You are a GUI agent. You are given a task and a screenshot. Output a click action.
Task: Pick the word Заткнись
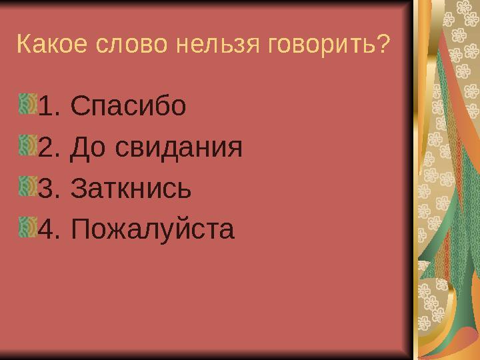point(131,189)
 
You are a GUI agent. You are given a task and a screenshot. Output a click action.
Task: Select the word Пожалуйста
point(152,231)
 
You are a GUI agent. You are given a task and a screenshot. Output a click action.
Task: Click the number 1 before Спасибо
point(47,105)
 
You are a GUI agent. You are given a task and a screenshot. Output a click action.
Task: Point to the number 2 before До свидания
point(47,147)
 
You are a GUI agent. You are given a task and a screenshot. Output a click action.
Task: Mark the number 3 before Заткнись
point(47,189)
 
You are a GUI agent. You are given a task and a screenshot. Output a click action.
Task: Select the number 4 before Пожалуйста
point(47,231)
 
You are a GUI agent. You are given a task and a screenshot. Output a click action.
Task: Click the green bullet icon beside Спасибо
point(28,104)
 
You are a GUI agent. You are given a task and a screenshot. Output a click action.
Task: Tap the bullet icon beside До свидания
point(28,145)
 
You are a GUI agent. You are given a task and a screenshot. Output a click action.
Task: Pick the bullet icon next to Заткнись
point(28,187)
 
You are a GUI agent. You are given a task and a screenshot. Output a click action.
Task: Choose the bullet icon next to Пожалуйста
point(28,229)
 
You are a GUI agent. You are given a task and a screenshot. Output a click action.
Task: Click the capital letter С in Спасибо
point(78,105)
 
